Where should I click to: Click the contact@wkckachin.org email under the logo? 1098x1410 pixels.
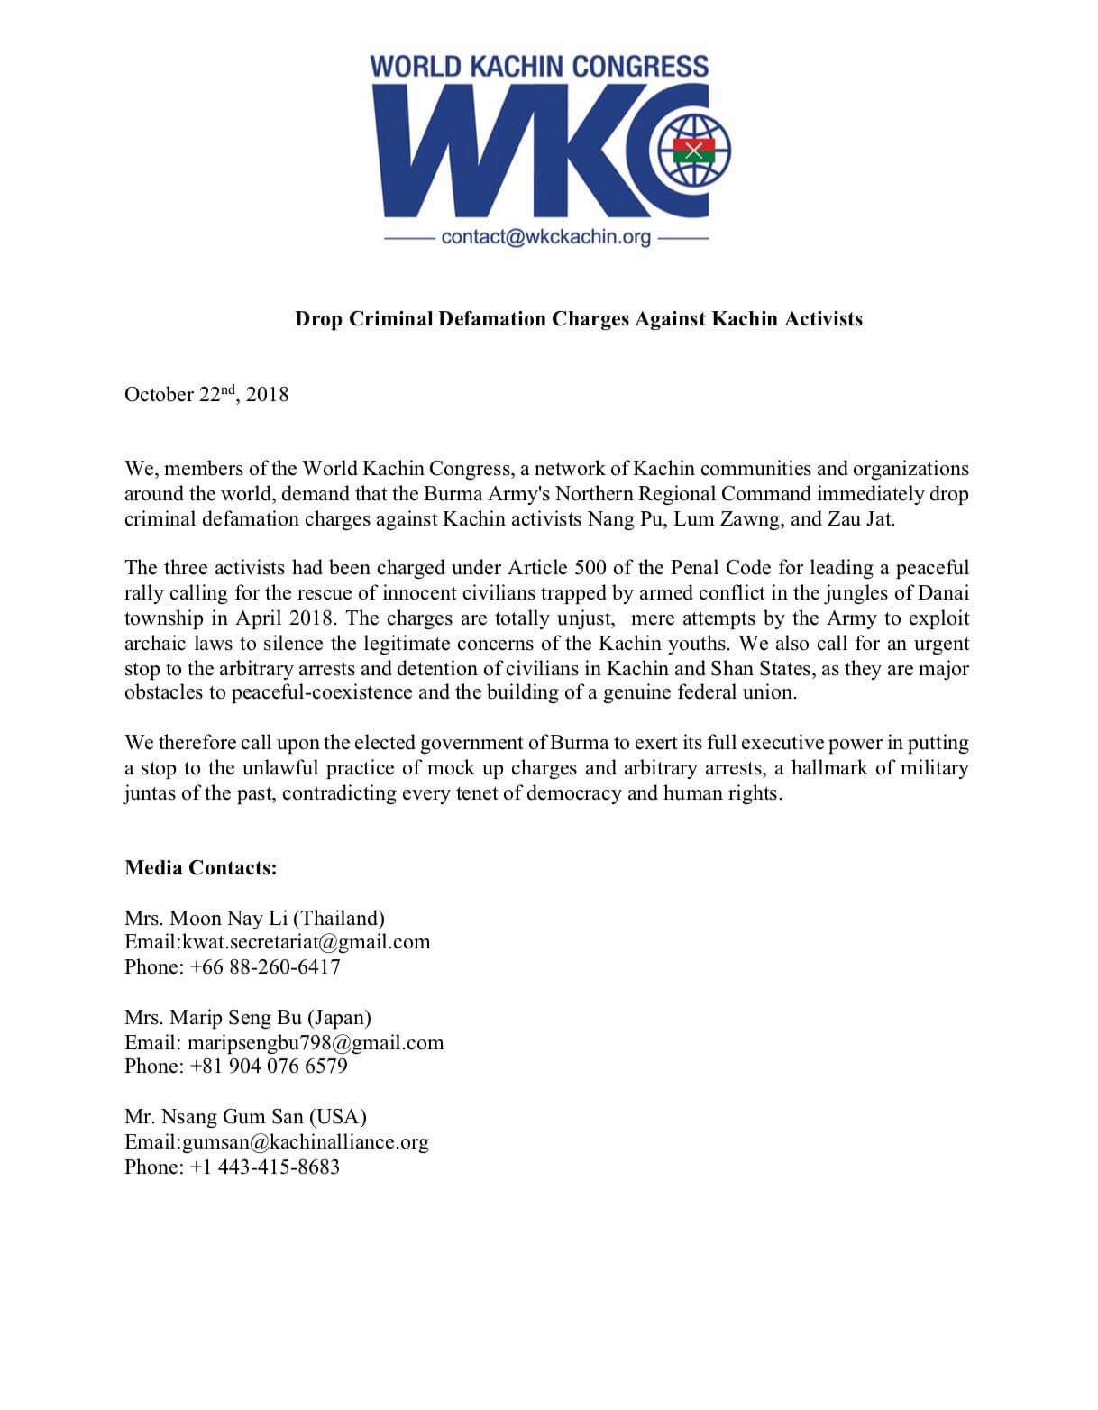pos(546,238)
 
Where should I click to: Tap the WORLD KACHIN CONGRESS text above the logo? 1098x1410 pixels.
pos(539,66)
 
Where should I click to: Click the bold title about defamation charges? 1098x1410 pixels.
pos(579,319)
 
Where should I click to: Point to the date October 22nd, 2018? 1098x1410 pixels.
pos(206,394)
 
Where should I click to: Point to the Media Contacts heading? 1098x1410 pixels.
pos(201,868)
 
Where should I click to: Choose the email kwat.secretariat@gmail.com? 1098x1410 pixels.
pos(307,942)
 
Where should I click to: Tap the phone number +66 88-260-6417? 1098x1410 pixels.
pos(265,966)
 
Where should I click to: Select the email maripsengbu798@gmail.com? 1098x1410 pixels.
pos(316,1043)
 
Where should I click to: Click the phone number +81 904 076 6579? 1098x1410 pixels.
pos(269,1067)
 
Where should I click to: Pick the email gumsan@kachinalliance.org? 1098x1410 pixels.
pos(306,1142)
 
